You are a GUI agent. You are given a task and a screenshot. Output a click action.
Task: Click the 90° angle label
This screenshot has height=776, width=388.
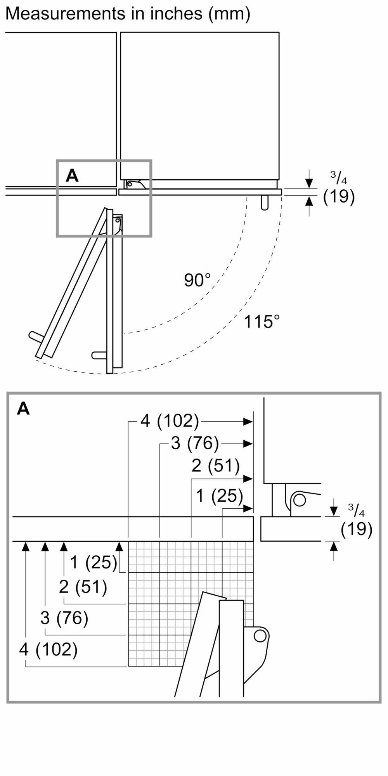click(197, 280)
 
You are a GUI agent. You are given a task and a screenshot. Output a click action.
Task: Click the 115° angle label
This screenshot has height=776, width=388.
click(262, 322)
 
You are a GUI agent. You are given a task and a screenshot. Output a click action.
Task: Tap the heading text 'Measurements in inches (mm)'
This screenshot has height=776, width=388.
click(128, 14)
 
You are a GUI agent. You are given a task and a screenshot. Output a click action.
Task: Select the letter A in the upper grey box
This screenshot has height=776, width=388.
click(72, 176)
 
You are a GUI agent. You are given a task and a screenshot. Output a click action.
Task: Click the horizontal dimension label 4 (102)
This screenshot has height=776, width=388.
click(170, 421)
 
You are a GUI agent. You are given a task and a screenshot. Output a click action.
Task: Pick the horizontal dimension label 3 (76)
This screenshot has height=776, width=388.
click(195, 443)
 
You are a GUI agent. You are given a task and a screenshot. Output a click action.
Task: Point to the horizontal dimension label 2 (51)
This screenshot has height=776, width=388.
click(216, 466)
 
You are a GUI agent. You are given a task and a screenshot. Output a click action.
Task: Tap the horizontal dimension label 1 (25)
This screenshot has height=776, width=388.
click(219, 495)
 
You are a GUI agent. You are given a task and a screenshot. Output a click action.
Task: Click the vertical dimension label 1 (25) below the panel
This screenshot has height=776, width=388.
click(94, 562)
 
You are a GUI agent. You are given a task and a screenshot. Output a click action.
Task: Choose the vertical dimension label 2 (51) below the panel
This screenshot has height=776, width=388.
click(83, 587)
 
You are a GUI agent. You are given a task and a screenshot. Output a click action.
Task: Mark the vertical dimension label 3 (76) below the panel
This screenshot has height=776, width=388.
click(64, 618)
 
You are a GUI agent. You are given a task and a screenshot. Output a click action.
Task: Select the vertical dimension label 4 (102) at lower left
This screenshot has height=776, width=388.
click(48, 649)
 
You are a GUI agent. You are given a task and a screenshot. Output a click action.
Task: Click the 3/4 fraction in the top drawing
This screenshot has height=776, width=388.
click(338, 178)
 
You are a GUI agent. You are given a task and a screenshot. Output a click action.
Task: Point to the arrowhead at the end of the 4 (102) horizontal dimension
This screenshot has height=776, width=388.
click(248, 421)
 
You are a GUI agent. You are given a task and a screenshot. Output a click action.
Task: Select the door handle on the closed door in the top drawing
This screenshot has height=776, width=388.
click(265, 202)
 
